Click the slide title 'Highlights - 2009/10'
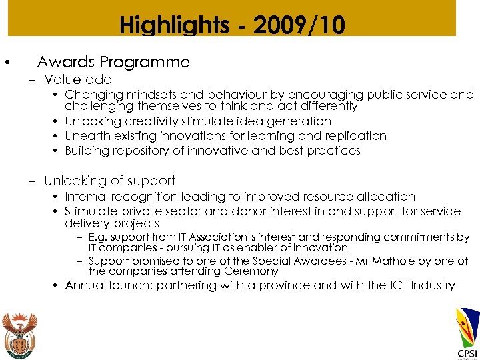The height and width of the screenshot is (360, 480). pyautogui.click(x=232, y=25)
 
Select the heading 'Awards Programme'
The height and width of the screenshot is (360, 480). pyautogui.click(x=113, y=63)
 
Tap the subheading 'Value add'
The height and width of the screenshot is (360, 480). pyautogui.click(x=78, y=80)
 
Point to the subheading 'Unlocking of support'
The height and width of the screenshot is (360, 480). pyautogui.click(x=109, y=181)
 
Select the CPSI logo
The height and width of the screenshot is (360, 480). pyautogui.click(x=467, y=333)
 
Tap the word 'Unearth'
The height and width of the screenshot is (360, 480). pyautogui.click(x=85, y=136)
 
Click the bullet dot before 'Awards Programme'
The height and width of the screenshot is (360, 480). pyautogui.click(x=6, y=63)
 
